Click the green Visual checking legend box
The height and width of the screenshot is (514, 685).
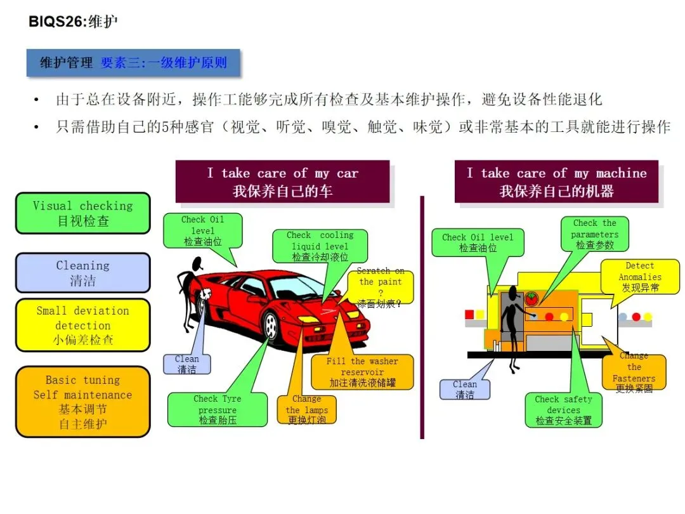[82, 213]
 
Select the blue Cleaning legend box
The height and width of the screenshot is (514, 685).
[82, 273]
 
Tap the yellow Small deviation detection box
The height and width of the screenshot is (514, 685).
[82, 325]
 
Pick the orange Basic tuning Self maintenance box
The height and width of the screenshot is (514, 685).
[82, 402]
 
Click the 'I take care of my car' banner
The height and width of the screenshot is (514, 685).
[282, 181]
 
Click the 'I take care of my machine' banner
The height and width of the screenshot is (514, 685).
[556, 181]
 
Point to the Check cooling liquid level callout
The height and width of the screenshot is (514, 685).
[320, 246]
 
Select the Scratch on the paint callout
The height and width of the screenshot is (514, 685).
[381, 287]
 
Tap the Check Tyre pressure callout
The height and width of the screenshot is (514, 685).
[217, 409]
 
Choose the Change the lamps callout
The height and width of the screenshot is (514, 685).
[306, 409]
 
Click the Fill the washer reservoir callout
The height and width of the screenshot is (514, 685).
[362, 372]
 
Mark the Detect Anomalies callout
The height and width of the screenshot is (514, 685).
[639, 277]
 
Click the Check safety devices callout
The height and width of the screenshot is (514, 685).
[563, 410]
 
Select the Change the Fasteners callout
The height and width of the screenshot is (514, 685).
[634, 373]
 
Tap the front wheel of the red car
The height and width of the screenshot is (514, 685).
[271, 327]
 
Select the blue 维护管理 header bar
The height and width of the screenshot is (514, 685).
[133, 63]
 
